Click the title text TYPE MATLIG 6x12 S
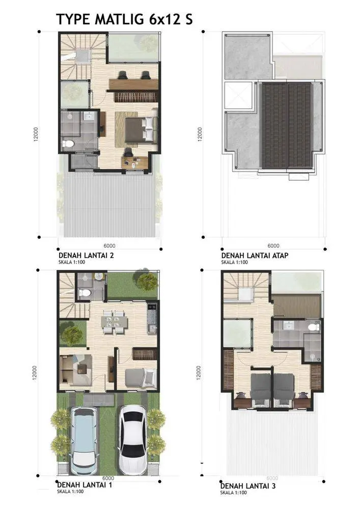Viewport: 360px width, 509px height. point(124,19)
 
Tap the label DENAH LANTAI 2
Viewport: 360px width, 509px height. point(86,256)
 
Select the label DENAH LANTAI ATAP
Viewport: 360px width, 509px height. point(255,256)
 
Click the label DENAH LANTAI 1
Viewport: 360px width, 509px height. point(85,485)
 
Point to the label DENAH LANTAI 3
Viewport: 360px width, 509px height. point(248,486)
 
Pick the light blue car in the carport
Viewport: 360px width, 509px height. point(84,440)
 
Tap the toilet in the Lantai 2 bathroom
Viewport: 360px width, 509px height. point(68,144)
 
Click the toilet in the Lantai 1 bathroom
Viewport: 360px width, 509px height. point(85,293)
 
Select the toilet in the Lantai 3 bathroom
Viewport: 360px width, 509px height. point(314,327)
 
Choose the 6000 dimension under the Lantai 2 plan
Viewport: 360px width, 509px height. point(109,246)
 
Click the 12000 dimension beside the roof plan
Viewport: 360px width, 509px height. point(200,134)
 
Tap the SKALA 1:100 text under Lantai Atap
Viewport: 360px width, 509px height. point(234,262)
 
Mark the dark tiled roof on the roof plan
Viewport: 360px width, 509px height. point(286,125)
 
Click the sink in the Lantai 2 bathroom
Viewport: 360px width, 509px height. point(88,116)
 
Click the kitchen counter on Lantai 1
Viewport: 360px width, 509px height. point(152,319)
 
